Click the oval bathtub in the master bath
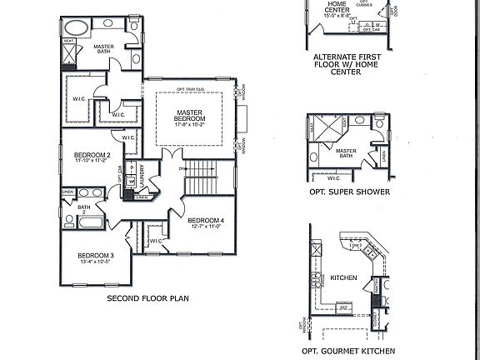pos(77,26)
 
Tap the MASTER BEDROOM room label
pos(191,116)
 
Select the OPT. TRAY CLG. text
pos(191,89)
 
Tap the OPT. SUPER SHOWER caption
pos(348,191)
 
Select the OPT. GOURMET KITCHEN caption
pos(351,351)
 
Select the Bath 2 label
pos(83,210)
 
